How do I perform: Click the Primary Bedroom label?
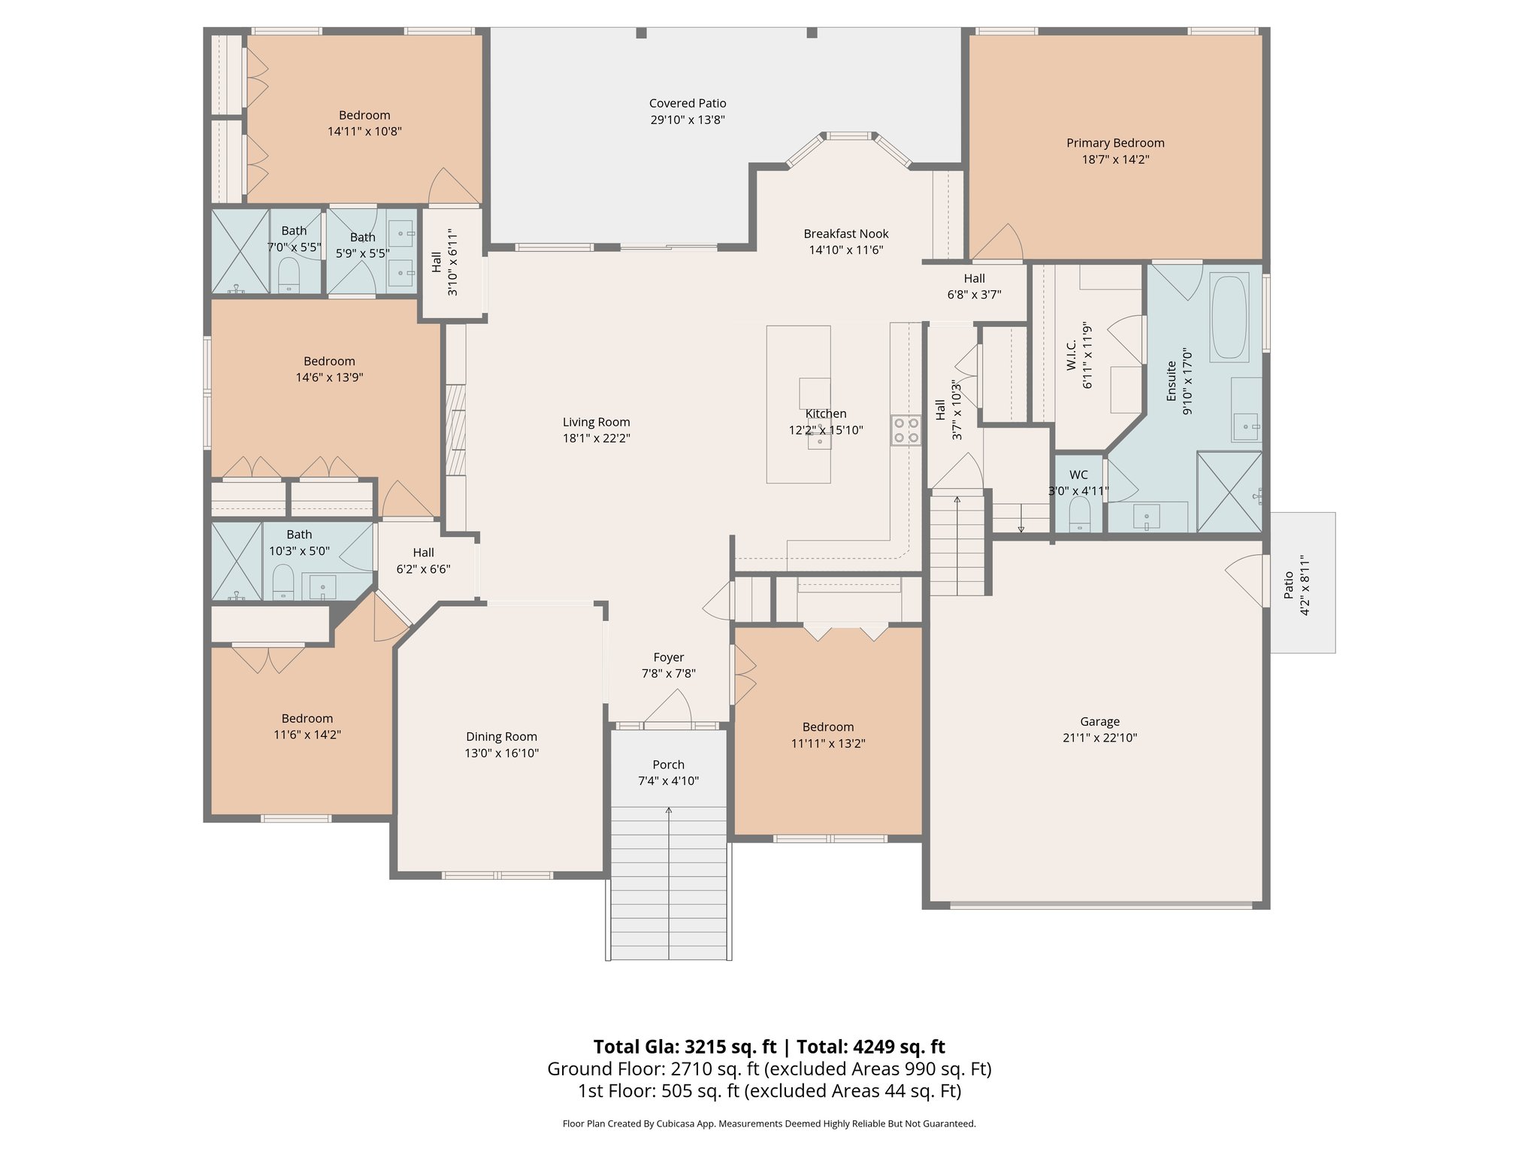tap(1115, 143)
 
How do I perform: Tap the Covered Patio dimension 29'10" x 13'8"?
tap(687, 120)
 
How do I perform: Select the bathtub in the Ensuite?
tap(1229, 317)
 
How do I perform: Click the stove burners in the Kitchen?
tap(906, 430)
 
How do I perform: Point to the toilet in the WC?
tap(1079, 515)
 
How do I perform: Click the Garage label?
tap(1099, 721)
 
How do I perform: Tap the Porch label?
tap(668, 765)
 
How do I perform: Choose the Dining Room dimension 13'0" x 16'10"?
tap(501, 753)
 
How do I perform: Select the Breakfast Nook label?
tap(845, 234)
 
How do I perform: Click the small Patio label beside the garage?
tap(1288, 585)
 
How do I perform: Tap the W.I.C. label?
tap(1072, 354)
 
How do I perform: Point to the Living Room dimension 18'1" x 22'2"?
tap(596, 438)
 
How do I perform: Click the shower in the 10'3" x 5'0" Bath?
tap(236, 561)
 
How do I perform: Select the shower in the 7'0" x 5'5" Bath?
tap(240, 251)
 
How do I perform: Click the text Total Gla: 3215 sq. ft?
tap(684, 1047)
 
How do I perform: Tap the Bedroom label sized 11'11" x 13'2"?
tap(827, 727)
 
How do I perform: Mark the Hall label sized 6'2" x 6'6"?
tap(423, 553)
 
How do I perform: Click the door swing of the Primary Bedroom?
tap(999, 245)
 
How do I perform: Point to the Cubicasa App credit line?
tap(769, 1123)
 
